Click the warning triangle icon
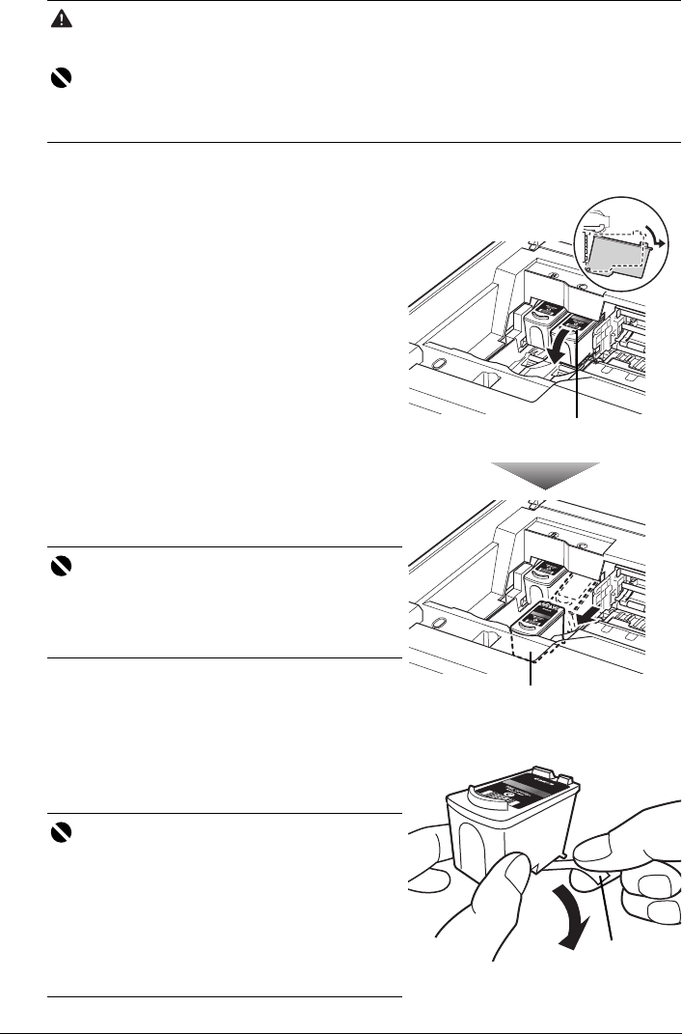click(58, 19)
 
